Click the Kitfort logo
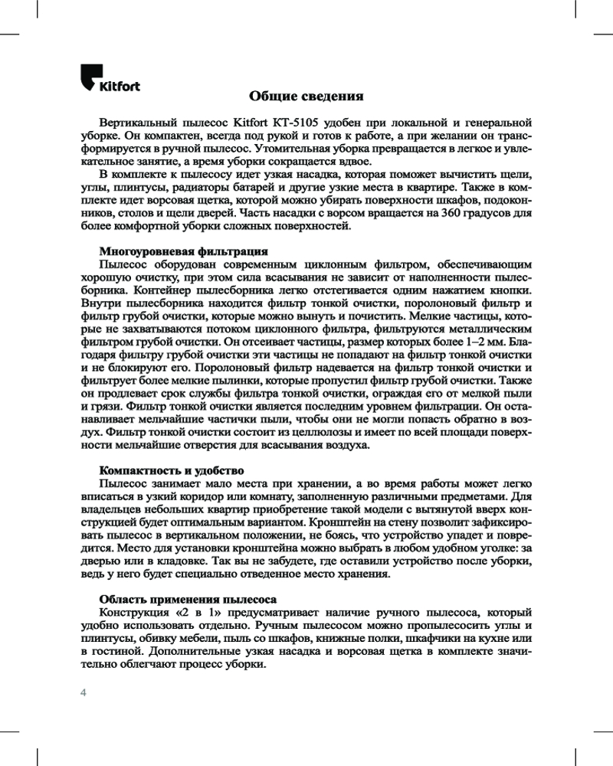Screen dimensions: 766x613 coord(110,80)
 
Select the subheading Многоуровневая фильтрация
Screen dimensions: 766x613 coord(184,250)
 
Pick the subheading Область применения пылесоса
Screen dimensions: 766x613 coord(188,598)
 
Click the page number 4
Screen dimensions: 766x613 coord(84,692)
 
